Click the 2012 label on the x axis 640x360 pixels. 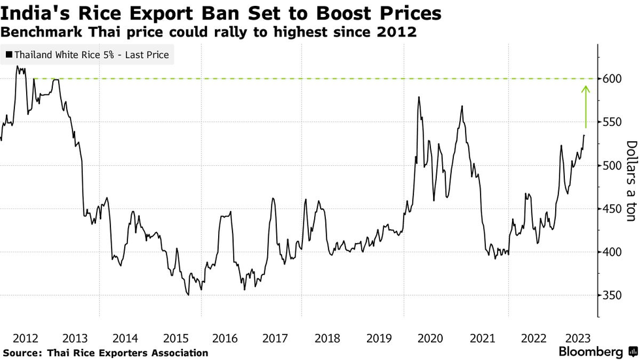pyautogui.click(x=25, y=338)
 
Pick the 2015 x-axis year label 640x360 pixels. pyautogui.click(x=176, y=338)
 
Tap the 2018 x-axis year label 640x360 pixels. pyautogui.click(x=327, y=338)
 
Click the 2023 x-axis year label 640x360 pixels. pyautogui.click(x=578, y=338)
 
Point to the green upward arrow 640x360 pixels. pyautogui.click(x=586, y=106)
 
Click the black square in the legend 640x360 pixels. pyautogui.click(x=8, y=55)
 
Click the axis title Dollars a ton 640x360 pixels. pyautogui.click(x=630, y=181)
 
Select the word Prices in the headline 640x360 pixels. pyautogui.click(x=409, y=13)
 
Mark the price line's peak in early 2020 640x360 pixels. pyautogui.click(x=418, y=97)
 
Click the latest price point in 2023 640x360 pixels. pyautogui.click(x=584, y=135)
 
